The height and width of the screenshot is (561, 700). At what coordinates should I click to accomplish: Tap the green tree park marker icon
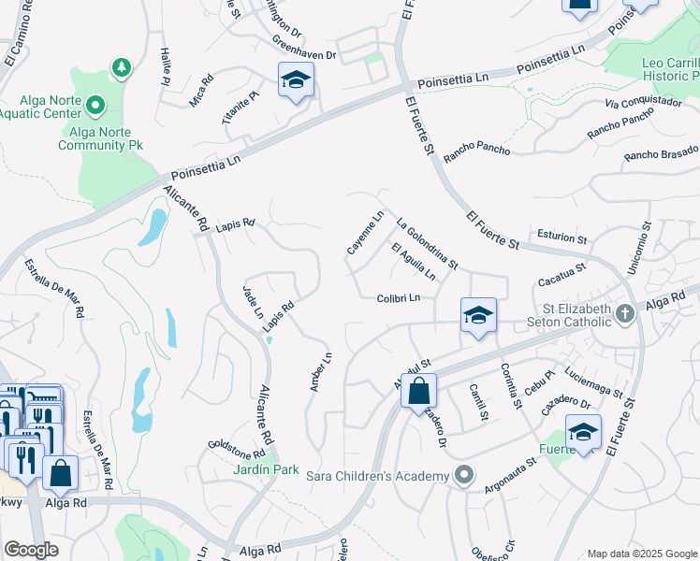(x=120, y=67)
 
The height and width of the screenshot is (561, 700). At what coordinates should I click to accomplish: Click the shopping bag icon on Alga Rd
(x=418, y=390)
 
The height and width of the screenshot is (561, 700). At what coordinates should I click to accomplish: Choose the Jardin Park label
(x=266, y=469)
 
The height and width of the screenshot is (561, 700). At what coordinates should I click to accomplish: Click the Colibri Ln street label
(x=404, y=298)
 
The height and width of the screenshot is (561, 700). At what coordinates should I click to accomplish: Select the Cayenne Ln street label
(x=365, y=233)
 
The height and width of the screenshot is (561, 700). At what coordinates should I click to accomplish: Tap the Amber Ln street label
(x=320, y=371)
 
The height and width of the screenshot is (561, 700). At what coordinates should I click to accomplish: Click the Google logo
(x=31, y=550)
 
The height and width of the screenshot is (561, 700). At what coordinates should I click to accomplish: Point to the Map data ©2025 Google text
(x=641, y=554)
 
